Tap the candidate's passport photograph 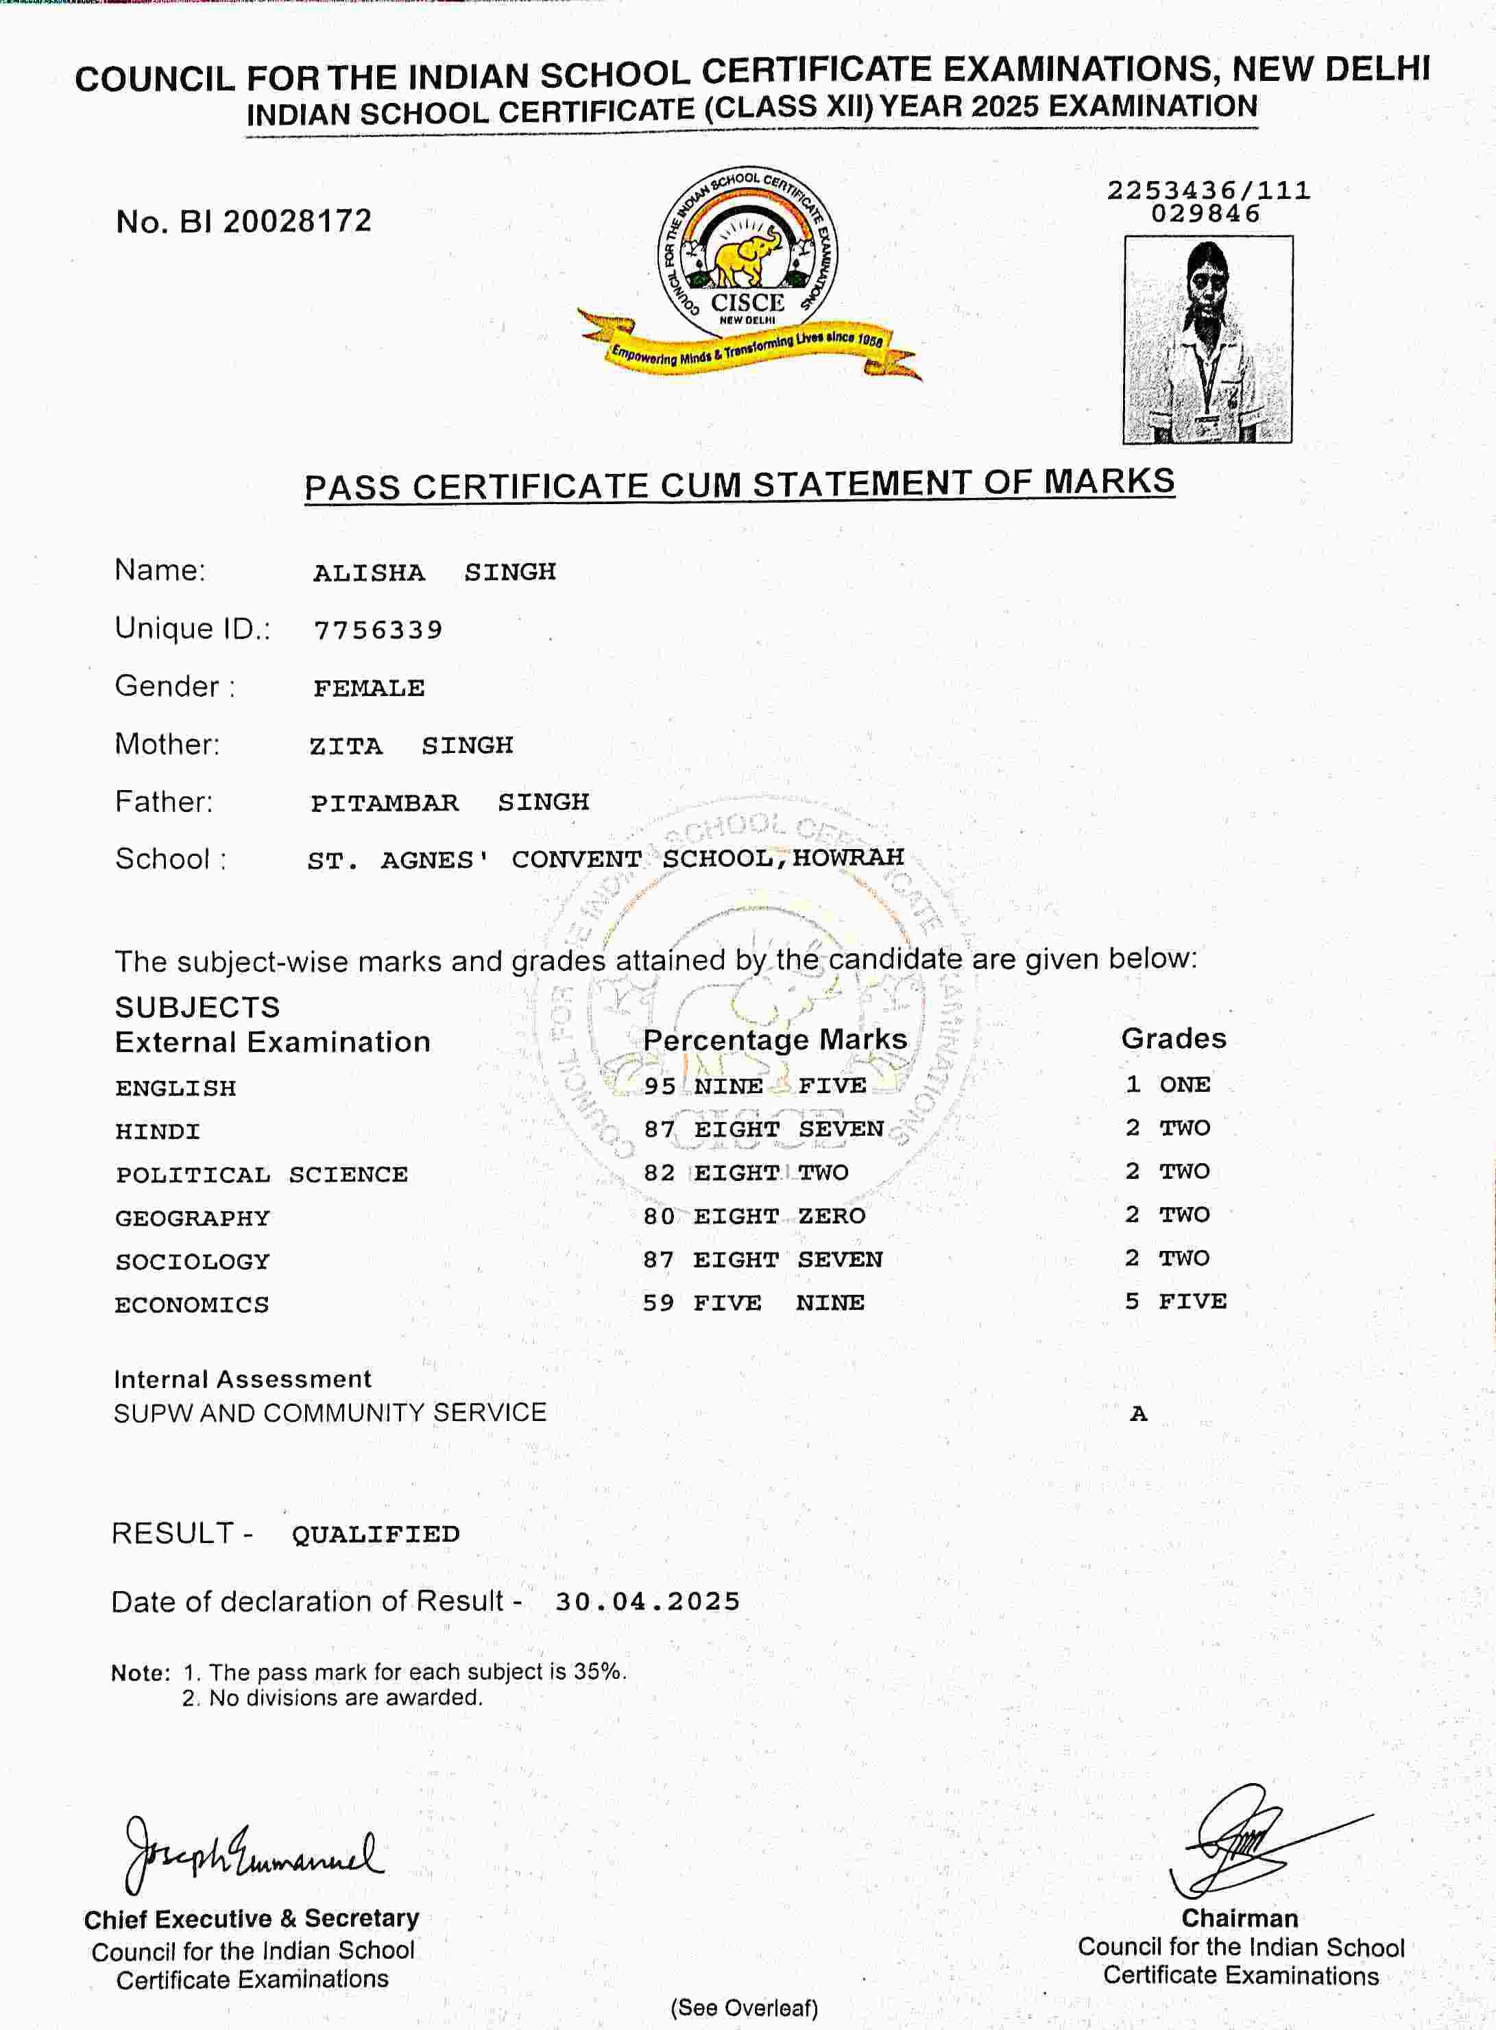pyautogui.click(x=1208, y=339)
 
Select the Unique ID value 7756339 pyautogui.click(x=378, y=630)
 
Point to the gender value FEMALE pyautogui.click(x=369, y=688)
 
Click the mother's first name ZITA pyautogui.click(x=346, y=745)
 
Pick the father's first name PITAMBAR pyautogui.click(x=385, y=802)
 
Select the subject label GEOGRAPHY pyautogui.click(x=192, y=1217)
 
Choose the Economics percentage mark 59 pyautogui.click(x=658, y=1302)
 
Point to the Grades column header pyautogui.click(x=1174, y=1038)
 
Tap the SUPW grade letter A pyautogui.click(x=1138, y=1414)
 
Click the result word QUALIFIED pyautogui.click(x=375, y=1533)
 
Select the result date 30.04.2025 pyautogui.click(x=647, y=1601)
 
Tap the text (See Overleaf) pyautogui.click(x=745, y=2007)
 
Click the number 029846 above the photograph pyautogui.click(x=1205, y=214)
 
